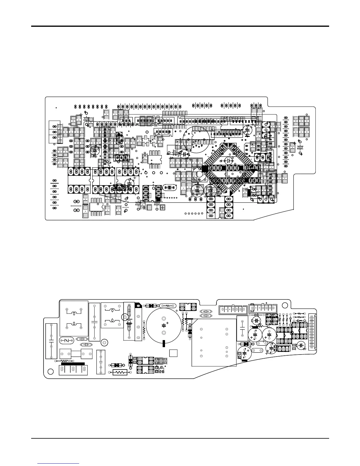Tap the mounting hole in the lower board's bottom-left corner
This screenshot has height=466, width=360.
(50, 371)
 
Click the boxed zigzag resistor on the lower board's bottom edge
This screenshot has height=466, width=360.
(120, 372)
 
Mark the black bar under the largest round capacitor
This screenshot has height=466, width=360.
(164, 344)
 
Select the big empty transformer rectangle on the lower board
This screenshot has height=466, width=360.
(214, 342)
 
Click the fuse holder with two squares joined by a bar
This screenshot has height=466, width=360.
(76, 352)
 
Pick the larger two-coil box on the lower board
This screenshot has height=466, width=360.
(74, 318)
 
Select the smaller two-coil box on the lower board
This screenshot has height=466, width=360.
(111, 315)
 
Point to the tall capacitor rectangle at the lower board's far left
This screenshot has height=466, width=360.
(51, 341)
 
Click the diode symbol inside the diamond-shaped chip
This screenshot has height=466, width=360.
(228, 161)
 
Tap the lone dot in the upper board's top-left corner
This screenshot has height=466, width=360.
(56, 108)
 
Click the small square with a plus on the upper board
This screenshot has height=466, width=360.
(163, 207)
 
